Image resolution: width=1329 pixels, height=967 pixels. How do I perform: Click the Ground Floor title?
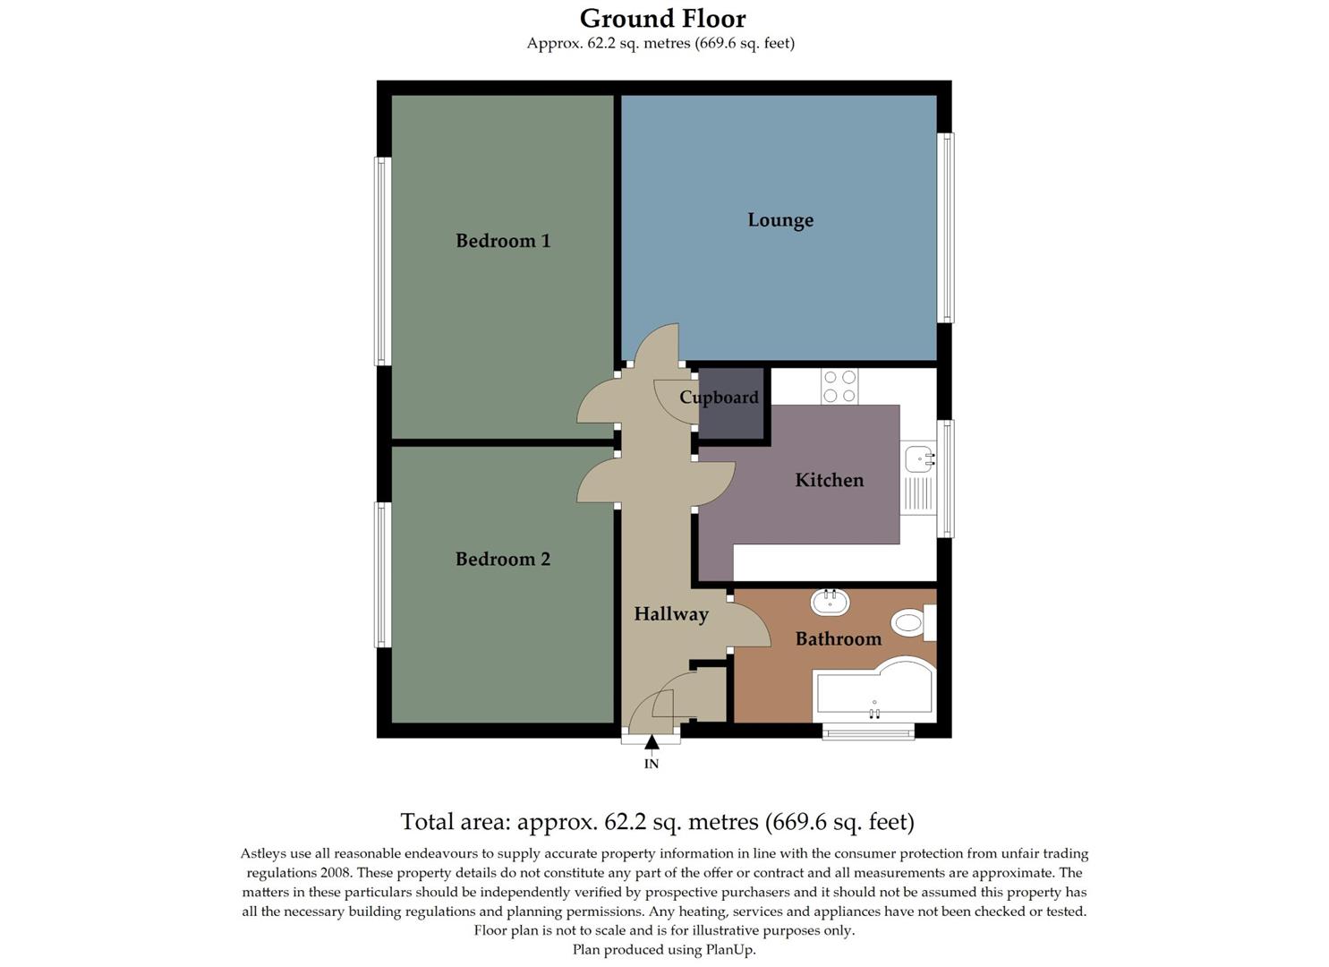click(662, 18)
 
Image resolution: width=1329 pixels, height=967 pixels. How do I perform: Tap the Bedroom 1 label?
click(503, 241)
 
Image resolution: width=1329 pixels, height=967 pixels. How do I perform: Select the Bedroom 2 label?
click(503, 560)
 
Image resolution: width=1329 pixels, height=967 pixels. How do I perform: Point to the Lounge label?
click(780, 220)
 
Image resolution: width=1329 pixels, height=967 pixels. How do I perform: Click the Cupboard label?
click(719, 398)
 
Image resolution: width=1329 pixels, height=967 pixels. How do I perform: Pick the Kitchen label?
click(830, 481)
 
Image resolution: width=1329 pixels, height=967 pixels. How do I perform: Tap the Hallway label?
click(671, 614)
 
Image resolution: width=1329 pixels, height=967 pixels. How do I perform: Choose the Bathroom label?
click(839, 639)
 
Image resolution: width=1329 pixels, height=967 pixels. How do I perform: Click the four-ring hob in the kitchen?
click(839, 387)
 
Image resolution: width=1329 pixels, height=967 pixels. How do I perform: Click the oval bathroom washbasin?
click(830, 602)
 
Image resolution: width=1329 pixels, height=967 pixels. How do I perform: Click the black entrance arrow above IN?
click(652, 741)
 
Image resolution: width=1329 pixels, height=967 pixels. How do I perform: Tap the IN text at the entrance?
click(652, 764)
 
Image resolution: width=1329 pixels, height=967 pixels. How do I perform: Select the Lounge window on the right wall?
click(945, 227)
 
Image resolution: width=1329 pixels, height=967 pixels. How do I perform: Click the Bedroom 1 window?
click(382, 261)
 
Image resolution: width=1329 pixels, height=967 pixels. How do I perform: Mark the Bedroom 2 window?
click(382, 575)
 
